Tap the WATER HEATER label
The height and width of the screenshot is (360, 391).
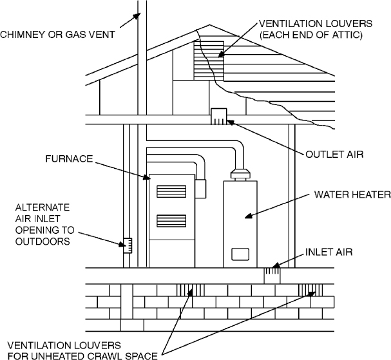pos(348,194)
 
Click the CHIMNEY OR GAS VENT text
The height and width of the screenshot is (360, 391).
pos(59,33)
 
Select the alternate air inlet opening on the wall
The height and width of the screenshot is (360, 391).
pos(128,245)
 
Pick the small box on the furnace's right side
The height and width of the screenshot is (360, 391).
pos(200,188)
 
